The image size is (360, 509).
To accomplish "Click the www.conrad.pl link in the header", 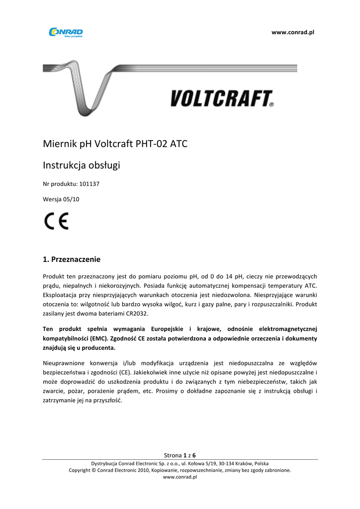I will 293,32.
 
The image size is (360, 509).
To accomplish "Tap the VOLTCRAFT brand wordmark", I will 221,98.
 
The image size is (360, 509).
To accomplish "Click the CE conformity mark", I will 56,221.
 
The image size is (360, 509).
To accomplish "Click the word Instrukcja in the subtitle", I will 63,165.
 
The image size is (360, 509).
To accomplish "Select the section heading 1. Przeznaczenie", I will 72,259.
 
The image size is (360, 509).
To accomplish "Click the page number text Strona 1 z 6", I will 180,455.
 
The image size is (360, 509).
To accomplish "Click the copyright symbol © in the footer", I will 93,470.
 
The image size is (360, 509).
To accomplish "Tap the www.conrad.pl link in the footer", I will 180,477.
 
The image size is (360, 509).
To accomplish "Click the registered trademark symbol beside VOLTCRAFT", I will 271,105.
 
